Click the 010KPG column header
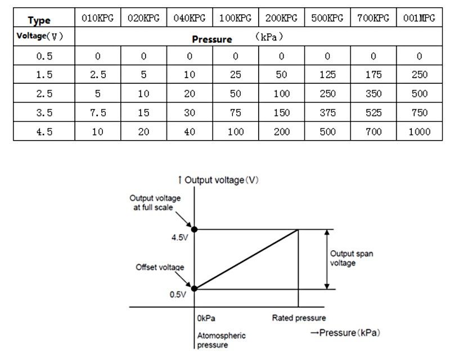point(97,18)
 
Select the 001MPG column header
point(419,18)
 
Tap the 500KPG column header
point(327,18)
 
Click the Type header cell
point(39,20)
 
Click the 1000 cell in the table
point(419,132)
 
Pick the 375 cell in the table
point(327,112)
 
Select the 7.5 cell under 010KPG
point(97,112)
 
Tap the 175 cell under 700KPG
point(373,74)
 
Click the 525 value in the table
point(373,112)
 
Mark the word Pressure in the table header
point(211,39)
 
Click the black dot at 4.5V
point(195,229)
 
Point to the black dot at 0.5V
point(195,289)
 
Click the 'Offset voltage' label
point(160,267)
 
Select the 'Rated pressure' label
point(299,318)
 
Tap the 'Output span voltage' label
point(351,258)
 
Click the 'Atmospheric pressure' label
point(221,340)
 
